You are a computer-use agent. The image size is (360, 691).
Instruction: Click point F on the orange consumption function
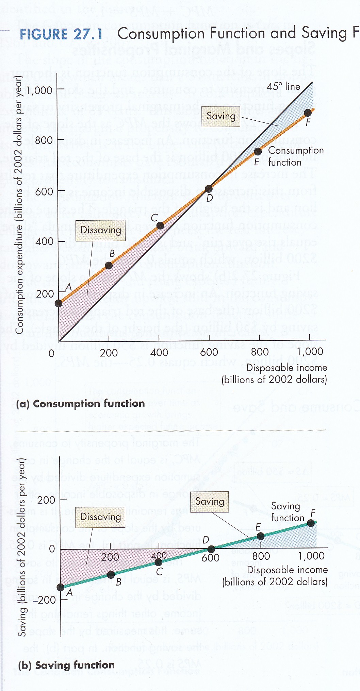(308, 113)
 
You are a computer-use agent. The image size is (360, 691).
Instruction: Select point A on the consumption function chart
(59, 303)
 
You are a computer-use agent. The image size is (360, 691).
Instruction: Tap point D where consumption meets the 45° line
(209, 189)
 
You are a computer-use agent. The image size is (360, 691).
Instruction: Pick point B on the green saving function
(111, 575)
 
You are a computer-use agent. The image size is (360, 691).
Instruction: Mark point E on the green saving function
(260, 536)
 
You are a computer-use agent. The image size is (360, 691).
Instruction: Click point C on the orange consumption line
(160, 225)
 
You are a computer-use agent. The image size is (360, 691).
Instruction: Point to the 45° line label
(283, 86)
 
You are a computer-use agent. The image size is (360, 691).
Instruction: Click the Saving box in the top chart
(221, 116)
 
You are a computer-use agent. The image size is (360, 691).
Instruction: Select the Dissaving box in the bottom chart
(100, 517)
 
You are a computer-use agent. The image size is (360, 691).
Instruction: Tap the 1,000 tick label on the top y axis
(39, 90)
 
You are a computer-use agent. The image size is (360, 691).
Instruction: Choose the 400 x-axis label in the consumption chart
(159, 352)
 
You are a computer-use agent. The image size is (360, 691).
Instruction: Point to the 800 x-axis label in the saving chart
(261, 556)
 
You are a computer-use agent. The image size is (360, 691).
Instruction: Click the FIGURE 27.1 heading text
(61, 35)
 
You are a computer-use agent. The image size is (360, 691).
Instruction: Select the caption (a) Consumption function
(81, 404)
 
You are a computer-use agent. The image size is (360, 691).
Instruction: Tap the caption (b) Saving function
(66, 665)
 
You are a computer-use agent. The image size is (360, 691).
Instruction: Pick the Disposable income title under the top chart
(287, 368)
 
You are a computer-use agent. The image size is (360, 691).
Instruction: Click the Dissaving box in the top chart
(100, 231)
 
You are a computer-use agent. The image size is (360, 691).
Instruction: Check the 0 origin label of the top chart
(51, 353)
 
